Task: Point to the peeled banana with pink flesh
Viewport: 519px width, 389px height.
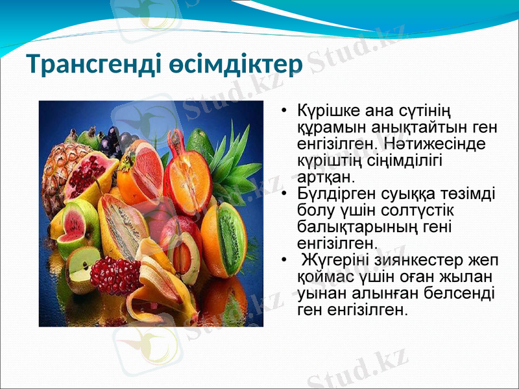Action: click(162, 285)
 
